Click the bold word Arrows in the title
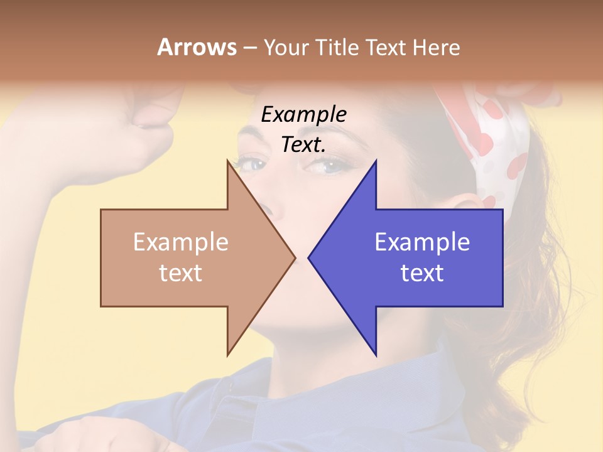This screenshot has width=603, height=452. coord(197,47)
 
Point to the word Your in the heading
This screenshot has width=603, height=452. coord(286,47)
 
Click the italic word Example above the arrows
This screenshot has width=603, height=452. coord(303,114)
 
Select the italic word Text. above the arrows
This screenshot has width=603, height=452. coord(303,144)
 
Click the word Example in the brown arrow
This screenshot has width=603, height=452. coord(180,242)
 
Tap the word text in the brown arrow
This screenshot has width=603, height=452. coord(180,272)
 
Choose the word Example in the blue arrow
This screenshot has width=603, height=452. coord(422,242)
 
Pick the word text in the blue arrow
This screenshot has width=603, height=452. coord(422,272)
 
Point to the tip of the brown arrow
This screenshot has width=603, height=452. coord(294,257)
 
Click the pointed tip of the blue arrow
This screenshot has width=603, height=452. coord(310,257)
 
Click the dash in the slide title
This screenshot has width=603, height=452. coord(249,48)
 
